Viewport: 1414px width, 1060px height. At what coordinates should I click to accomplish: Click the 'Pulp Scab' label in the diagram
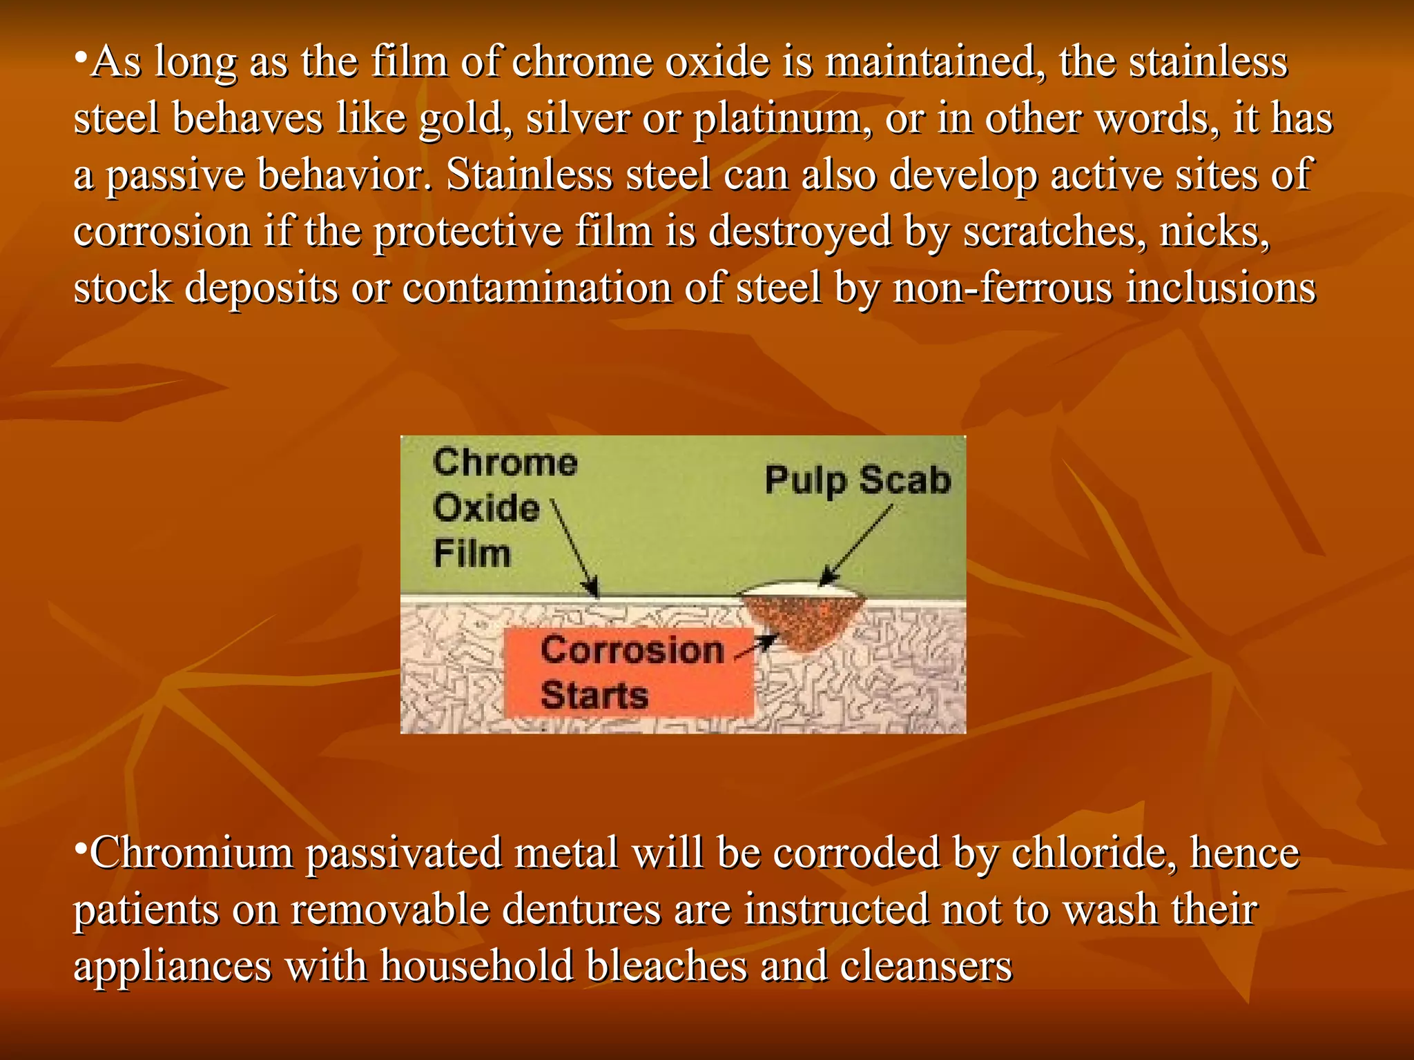[x=858, y=480]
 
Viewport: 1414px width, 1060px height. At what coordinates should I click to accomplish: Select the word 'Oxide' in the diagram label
[x=486, y=508]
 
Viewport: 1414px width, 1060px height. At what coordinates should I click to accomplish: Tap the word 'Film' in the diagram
[x=472, y=553]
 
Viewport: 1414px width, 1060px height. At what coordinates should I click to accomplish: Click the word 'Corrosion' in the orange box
[x=632, y=650]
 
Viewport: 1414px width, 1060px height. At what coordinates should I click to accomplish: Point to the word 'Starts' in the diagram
[x=594, y=695]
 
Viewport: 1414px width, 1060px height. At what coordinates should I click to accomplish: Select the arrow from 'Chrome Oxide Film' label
[x=575, y=549]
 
